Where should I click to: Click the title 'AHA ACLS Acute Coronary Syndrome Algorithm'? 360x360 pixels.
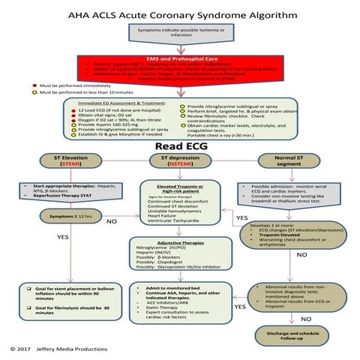tap(180, 14)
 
